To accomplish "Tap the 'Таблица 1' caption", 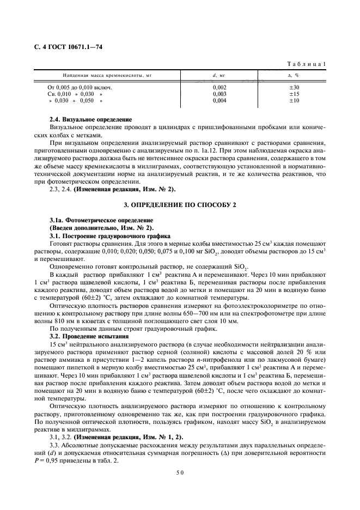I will [308, 64].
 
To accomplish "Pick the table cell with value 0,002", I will [219, 87].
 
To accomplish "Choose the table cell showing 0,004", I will [219, 101].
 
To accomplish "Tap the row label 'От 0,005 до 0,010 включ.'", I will [80, 87].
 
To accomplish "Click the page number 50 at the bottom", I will [180, 473].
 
